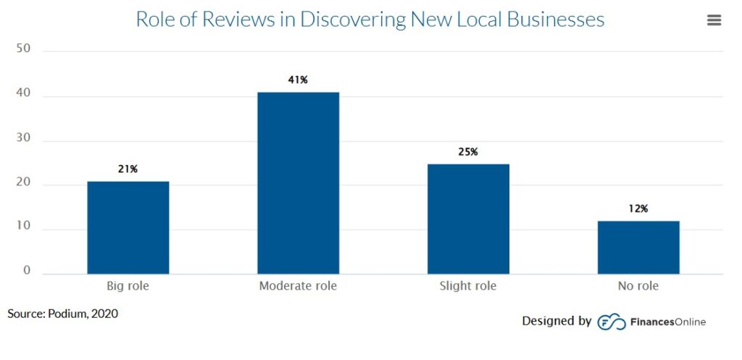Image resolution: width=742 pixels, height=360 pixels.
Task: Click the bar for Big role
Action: [128, 227]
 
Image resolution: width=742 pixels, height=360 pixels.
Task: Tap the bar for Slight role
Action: [468, 219]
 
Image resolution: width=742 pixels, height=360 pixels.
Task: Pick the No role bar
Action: [638, 247]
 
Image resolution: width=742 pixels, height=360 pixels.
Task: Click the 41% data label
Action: [298, 80]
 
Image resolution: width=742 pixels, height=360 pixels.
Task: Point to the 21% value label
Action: [128, 169]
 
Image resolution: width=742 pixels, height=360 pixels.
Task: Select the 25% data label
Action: [468, 151]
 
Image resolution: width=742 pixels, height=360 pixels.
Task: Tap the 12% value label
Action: [638, 209]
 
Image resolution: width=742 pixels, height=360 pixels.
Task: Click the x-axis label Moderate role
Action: [298, 286]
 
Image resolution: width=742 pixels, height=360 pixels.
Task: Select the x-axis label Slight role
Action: [468, 286]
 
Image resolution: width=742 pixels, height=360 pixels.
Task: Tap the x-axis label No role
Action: [638, 286]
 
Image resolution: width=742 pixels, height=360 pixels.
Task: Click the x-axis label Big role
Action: [128, 286]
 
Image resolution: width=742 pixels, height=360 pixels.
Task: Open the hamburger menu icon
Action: [714, 20]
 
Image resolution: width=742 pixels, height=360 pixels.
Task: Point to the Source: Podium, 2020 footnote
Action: [63, 314]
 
